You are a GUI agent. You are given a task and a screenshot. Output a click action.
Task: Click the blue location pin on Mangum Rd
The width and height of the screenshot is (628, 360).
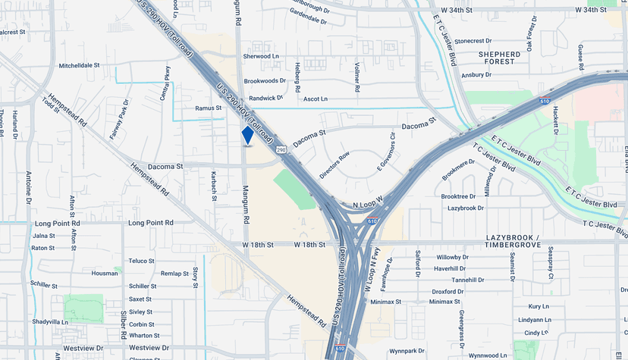(247, 135)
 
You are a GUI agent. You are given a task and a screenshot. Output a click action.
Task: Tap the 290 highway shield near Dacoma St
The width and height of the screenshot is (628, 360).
(281, 150)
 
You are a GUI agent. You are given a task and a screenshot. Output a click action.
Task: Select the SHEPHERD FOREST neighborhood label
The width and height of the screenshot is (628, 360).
(499, 58)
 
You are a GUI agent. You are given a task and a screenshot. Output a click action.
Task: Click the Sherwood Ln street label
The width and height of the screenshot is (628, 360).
(262, 56)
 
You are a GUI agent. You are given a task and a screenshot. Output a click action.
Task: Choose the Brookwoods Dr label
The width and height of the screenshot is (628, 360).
(265, 80)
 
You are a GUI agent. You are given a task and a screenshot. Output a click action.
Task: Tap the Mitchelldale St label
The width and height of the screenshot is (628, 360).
(79, 65)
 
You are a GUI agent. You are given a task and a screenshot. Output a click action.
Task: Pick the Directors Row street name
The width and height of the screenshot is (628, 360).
(334, 165)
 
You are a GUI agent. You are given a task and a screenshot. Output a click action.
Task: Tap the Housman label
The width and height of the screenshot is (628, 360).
(105, 273)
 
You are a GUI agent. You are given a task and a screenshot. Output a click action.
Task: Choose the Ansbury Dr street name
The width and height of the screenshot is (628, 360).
(477, 75)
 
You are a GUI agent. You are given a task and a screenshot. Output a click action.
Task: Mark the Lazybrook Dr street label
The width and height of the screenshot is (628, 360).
(466, 208)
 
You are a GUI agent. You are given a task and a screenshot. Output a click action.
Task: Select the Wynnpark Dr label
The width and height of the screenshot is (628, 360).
(407, 351)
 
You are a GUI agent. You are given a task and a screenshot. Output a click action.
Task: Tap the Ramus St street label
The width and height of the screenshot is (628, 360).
(208, 108)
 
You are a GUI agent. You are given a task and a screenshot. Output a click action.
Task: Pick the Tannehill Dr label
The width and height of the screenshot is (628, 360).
(468, 280)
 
